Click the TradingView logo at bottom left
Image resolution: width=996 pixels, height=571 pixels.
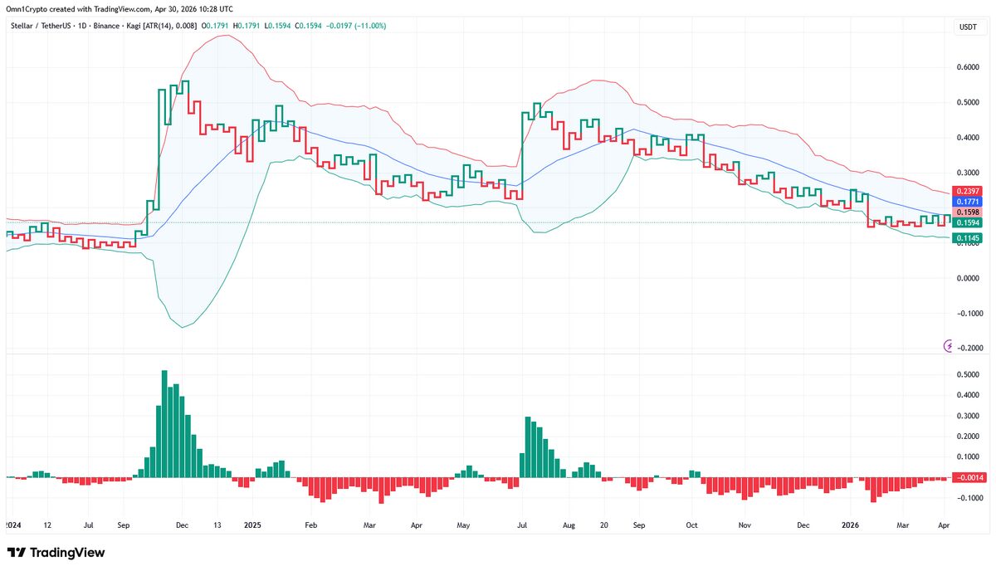click(56, 553)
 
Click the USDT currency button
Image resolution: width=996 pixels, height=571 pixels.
click(968, 27)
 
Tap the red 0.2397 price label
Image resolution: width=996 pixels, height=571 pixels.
click(967, 190)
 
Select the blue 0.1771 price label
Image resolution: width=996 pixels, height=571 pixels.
click(967, 201)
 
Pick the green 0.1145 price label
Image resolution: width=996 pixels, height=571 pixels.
click(967, 239)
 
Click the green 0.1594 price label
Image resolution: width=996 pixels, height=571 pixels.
click(967, 222)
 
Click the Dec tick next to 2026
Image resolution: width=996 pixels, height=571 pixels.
click(803, 525)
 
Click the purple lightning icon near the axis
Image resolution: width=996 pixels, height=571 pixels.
click(949, 345)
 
